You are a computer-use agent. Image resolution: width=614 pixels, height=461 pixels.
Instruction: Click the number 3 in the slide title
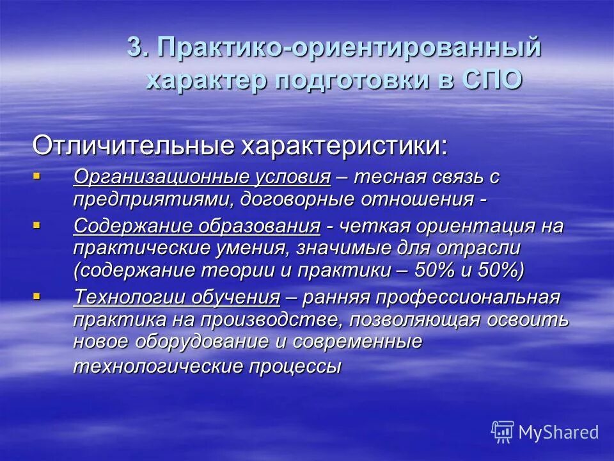tap(134, 49)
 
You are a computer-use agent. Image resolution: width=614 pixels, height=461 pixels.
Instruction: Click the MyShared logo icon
tap(503, 432)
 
